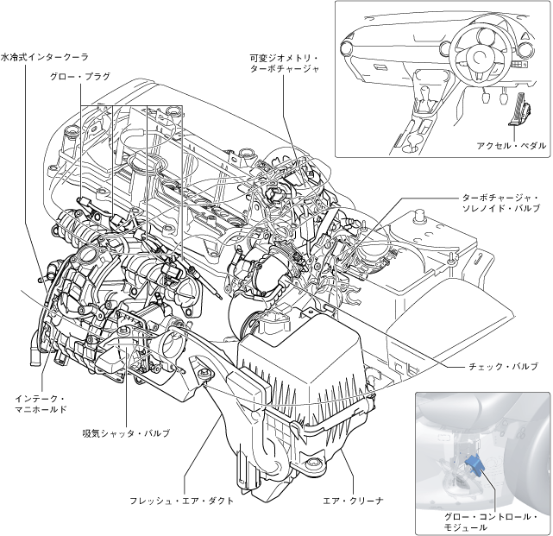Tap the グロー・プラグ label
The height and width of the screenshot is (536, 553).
[80, 76]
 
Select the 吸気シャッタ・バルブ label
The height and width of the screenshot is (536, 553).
[126, 432]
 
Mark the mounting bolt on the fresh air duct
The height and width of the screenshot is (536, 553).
[204, 373]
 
